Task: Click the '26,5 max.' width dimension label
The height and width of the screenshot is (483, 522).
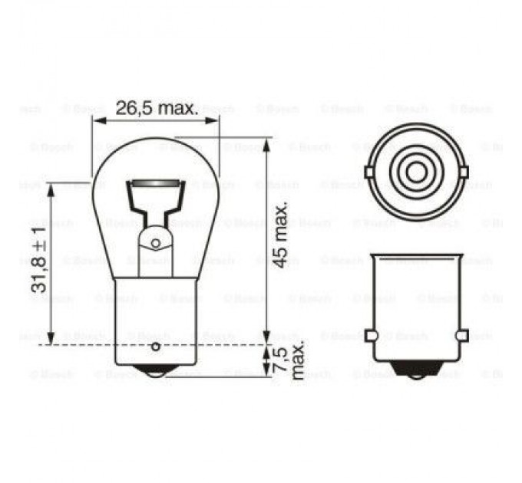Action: [x=157, y=108]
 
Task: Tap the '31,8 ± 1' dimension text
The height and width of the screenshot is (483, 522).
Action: [x=38, y=261]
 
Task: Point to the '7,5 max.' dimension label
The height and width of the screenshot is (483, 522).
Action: [x=290, y=360]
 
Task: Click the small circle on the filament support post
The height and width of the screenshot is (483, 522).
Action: [x=156, y=244]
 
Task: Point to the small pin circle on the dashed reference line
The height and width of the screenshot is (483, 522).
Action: [x=156, y=347]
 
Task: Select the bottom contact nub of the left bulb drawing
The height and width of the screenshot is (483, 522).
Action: [x=156, y=370]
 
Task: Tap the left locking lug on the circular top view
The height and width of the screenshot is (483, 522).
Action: [x=365, y=171]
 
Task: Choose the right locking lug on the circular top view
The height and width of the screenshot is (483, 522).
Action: [x=465, y=171]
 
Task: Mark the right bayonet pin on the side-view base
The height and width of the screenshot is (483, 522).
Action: [x=461, y=336]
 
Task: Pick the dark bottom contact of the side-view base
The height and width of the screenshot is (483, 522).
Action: [x=415, y=370]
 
